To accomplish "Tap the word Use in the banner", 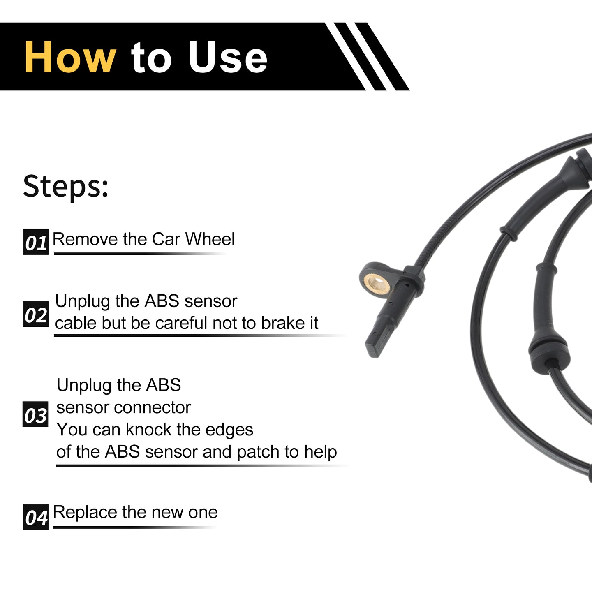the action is coord(228,57).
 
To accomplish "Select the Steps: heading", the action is coord(66,187).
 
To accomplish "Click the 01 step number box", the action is coord(36,242).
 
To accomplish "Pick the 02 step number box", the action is coord(36,314).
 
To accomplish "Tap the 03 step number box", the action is coord(35,414).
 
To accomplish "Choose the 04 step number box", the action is coord(36,517).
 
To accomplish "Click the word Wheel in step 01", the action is coord(210,239).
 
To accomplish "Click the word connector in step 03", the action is coord(153,408).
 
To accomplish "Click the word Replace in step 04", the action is coord(86,513).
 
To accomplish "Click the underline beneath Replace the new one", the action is coord(134,527).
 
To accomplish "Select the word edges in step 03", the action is coord(229,430).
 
